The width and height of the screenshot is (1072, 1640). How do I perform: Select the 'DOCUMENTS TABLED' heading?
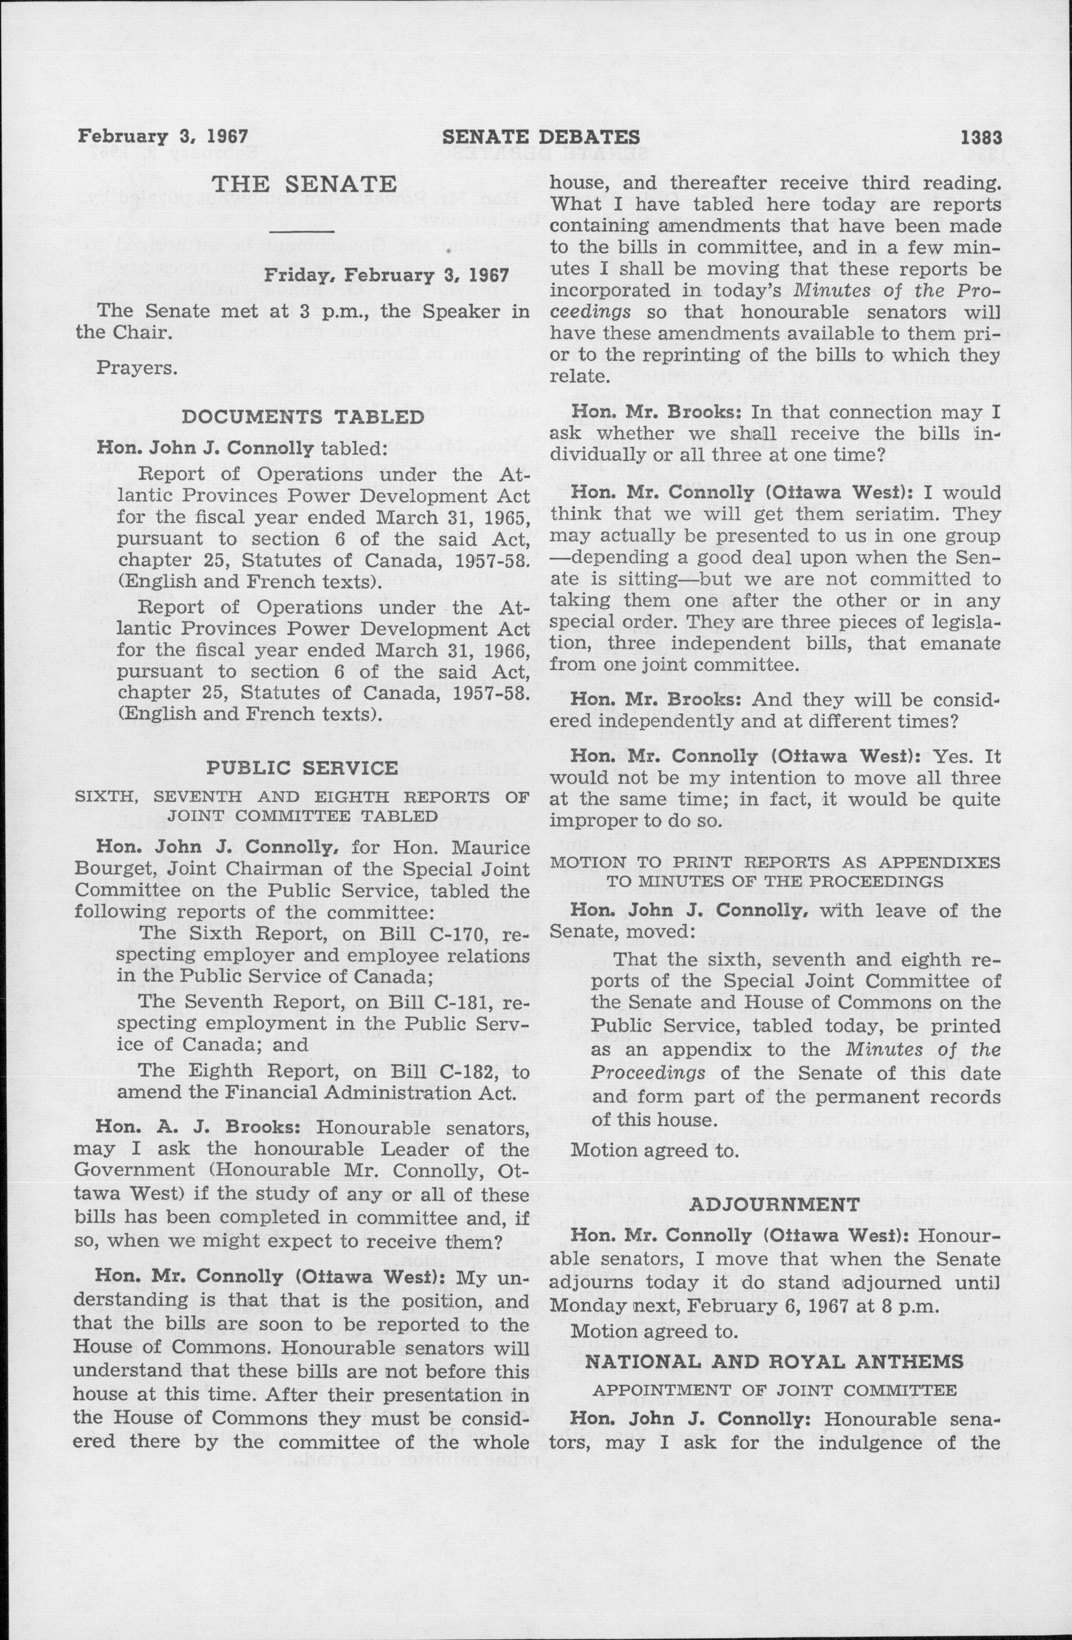(x=302, y=416)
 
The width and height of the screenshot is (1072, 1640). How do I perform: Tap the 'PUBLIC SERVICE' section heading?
(x=302, y=767)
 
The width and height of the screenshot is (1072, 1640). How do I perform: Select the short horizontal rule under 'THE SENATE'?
(x=303, y=230)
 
